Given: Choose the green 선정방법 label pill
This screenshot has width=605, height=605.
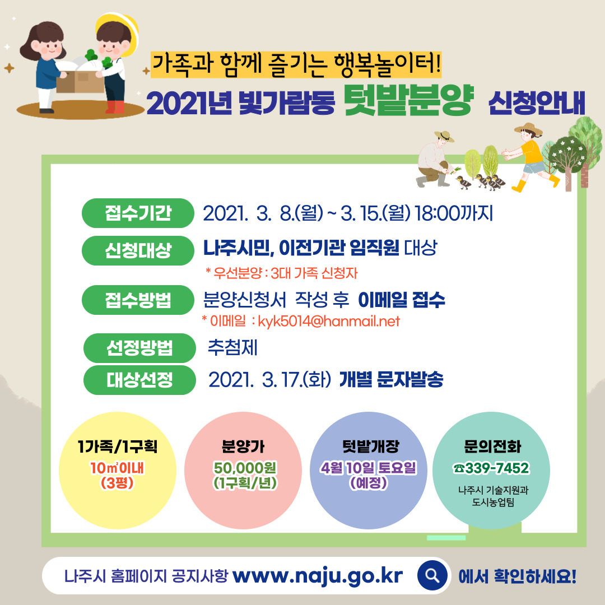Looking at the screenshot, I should (139, 348).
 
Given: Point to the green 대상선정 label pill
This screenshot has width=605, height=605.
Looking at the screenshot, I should (139, 380).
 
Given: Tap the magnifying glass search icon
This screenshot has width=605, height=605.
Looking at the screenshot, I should (432, 575).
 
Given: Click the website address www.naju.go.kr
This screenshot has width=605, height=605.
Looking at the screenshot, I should (317, 575).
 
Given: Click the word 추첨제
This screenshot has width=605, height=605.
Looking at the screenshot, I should (232, 348).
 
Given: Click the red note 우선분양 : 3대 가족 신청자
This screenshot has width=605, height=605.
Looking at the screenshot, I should (282, 273).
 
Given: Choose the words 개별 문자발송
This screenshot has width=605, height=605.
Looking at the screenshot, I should (391, 380).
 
